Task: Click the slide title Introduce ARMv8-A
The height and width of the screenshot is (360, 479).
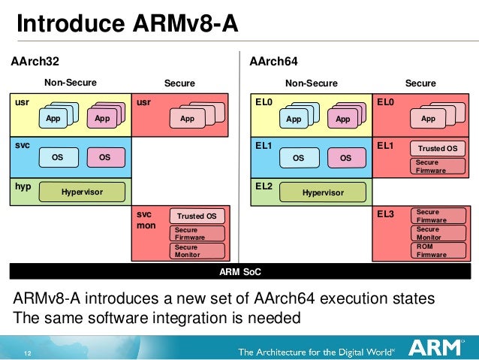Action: (128, 25)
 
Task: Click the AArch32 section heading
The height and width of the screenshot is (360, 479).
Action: (34, 60)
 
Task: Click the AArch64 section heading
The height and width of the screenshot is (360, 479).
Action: (274, 60)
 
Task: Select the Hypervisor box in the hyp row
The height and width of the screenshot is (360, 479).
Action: (82, 192)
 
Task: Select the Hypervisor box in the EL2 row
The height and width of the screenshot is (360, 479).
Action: (323, 192)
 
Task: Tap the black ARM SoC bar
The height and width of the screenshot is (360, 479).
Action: (239, 271)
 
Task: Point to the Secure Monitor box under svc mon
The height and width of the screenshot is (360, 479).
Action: (198, 250)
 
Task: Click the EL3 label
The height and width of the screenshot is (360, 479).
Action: (386, 214)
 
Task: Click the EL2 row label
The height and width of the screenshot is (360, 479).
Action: (264, 186)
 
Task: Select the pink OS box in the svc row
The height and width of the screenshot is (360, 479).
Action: (104, 158)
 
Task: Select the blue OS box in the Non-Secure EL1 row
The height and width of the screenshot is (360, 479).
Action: (298, 158)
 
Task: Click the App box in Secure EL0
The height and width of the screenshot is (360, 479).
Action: (428, 119)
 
